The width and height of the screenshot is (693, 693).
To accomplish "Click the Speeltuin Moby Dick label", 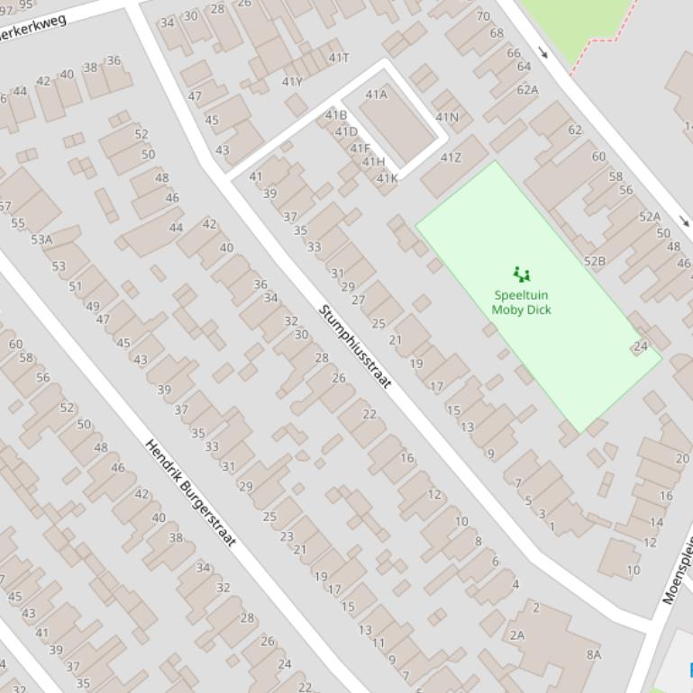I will click(x=521, y=302).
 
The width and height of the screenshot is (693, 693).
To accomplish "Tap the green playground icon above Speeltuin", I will click(x=521, y=274).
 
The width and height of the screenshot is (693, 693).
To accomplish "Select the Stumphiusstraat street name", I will click(x=355, y=346).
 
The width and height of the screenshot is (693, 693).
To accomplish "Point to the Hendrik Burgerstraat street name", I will click(x=191, y=493).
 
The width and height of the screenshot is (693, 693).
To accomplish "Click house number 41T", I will click(x=339, y=58).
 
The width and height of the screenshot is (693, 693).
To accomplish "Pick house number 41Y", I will click(x=292, y=82).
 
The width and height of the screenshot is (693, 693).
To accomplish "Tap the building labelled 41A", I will click(x=377, y=94).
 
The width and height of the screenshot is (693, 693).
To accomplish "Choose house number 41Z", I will click(x=451, y=157).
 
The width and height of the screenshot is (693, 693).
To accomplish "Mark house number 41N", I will click(x=447, y=117).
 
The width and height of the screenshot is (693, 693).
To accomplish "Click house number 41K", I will click(x=387, y=178).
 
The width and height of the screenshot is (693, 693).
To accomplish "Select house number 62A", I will click(x=527, y=89).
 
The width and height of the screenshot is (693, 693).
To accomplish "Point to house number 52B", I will click(x=595, y=261).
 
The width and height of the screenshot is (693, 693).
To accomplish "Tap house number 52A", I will click(x=650, y=216).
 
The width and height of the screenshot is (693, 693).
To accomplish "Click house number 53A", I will click(x=41, y=239).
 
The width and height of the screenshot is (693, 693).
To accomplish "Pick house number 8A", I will click(x=593, y=654).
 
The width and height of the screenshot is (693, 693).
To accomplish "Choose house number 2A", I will click(x=517, y=634).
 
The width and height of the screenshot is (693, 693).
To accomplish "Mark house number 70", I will click(x=483, y=16).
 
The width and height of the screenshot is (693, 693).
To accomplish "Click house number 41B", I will click(x=335, y=115).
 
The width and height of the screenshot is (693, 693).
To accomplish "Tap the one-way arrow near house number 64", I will click(x=543, y=53).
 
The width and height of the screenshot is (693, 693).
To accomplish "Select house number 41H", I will click(x=373, y=162).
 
